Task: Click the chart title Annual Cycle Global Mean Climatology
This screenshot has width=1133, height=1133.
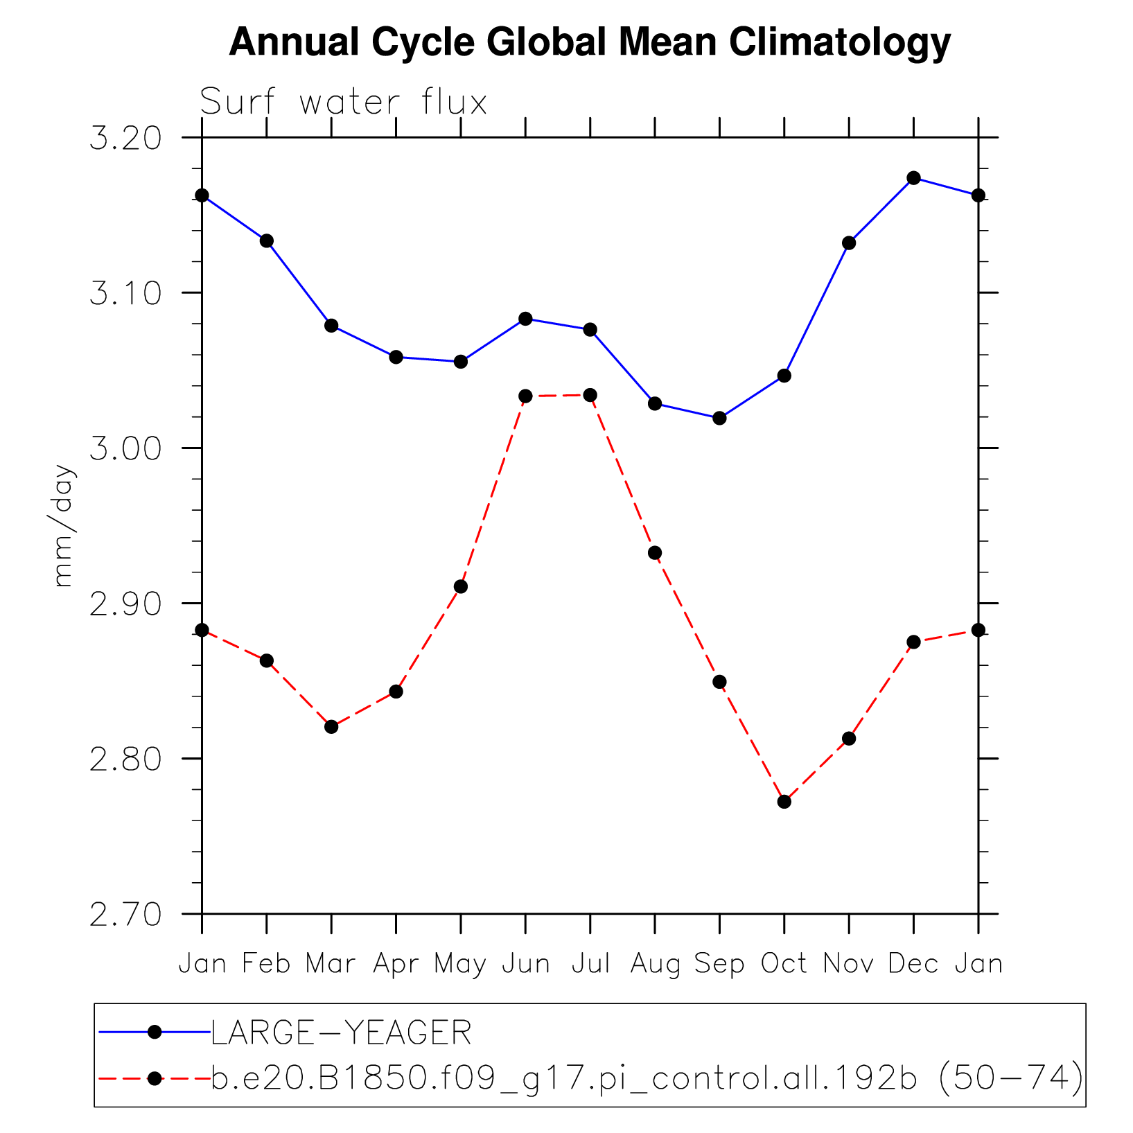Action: coord(589,43)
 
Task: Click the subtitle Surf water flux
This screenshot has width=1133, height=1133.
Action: coord(344,103)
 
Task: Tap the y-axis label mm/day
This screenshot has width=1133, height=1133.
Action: coord(64,526)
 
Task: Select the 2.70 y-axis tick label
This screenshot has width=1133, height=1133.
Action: coord(125,915)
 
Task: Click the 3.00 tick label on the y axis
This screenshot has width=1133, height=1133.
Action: coord(125,449)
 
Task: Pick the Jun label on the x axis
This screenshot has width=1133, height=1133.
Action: coord(525,964)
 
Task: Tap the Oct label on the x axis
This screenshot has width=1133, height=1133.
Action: coord(784,964)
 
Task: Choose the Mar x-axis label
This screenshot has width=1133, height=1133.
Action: coord(331,964)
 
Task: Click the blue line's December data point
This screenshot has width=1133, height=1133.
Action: coord(913,178)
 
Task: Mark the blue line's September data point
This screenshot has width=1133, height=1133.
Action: coord(719,418)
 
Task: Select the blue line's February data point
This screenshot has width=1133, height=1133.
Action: coord(266,241)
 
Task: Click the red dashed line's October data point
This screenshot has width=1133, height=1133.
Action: coord(784,802)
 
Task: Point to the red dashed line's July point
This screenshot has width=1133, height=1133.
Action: coord(590,395)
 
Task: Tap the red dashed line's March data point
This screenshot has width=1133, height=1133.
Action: coord(331,727)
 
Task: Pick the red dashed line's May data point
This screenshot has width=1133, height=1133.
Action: coord(460,587)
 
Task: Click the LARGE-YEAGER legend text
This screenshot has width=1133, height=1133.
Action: coord(341,1033)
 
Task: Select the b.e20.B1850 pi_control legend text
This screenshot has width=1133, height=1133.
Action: coord(647,1078)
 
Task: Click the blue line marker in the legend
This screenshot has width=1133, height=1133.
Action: coord(155,1033)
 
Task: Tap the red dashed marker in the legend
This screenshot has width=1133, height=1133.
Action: coord(155,1078)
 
